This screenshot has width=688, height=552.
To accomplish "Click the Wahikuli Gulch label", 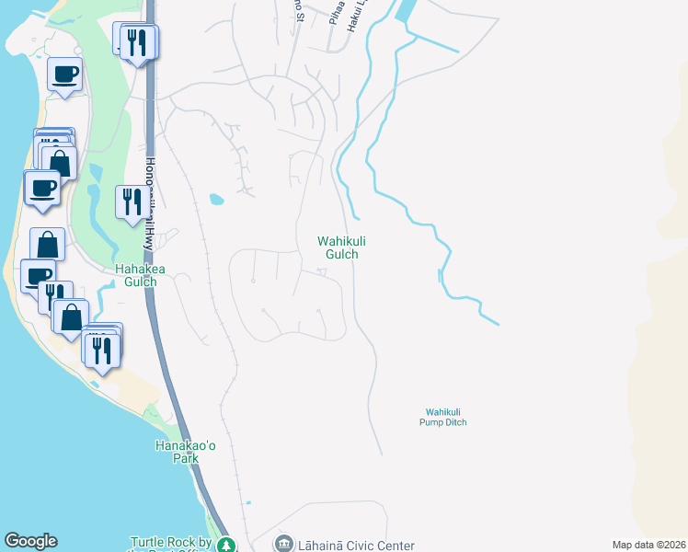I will point(337,247).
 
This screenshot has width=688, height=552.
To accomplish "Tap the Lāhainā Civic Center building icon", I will point(283,545).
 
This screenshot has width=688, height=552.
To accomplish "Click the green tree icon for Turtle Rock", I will point(227,546).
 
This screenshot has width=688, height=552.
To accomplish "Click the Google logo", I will point(30,541).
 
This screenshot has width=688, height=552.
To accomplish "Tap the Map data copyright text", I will point(648,546).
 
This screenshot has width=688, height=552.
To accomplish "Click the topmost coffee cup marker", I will point(64,74).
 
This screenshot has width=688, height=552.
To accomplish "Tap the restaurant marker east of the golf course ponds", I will point(129,200).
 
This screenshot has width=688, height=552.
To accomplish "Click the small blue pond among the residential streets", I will point(216,199).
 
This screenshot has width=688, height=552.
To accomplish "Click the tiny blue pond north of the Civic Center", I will point(248,503).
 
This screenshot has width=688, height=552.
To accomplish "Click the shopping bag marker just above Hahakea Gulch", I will point(48,246).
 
